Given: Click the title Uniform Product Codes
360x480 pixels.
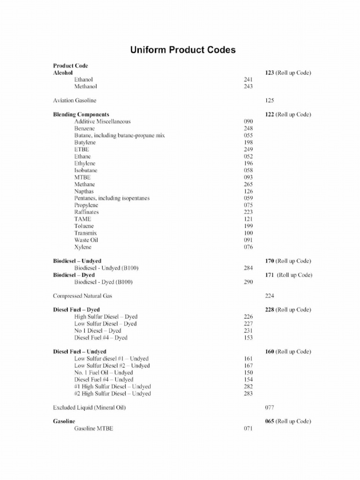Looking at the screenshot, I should point(182,50).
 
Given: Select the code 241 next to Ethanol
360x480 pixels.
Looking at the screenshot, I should point(248,80).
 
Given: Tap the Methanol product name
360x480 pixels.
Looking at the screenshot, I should point(86,87).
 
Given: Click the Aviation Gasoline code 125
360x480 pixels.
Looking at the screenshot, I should point(270,100).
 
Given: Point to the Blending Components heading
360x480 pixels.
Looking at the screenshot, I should point(81,114).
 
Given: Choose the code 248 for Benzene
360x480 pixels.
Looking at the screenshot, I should point(248,128).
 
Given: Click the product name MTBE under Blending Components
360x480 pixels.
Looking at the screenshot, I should point(82,177).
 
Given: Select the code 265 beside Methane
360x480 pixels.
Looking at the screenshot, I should point(248,184).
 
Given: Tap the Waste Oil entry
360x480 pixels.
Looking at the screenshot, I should point(86,240).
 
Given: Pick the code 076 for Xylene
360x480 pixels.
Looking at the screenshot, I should point(248,247).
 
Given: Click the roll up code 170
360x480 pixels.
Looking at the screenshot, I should point(270,261).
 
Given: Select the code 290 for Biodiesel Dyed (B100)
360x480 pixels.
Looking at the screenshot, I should point(248,282).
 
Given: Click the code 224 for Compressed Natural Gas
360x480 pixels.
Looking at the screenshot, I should point(270,296).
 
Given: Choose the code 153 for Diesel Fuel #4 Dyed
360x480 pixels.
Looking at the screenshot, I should point(248,337).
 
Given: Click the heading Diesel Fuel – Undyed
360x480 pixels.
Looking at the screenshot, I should point(80,352).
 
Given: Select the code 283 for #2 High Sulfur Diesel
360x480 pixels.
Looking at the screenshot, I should point(248,393).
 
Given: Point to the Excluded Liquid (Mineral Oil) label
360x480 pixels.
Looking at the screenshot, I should point(89,407).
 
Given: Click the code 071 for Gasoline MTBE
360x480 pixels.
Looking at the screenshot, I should point(248,428).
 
